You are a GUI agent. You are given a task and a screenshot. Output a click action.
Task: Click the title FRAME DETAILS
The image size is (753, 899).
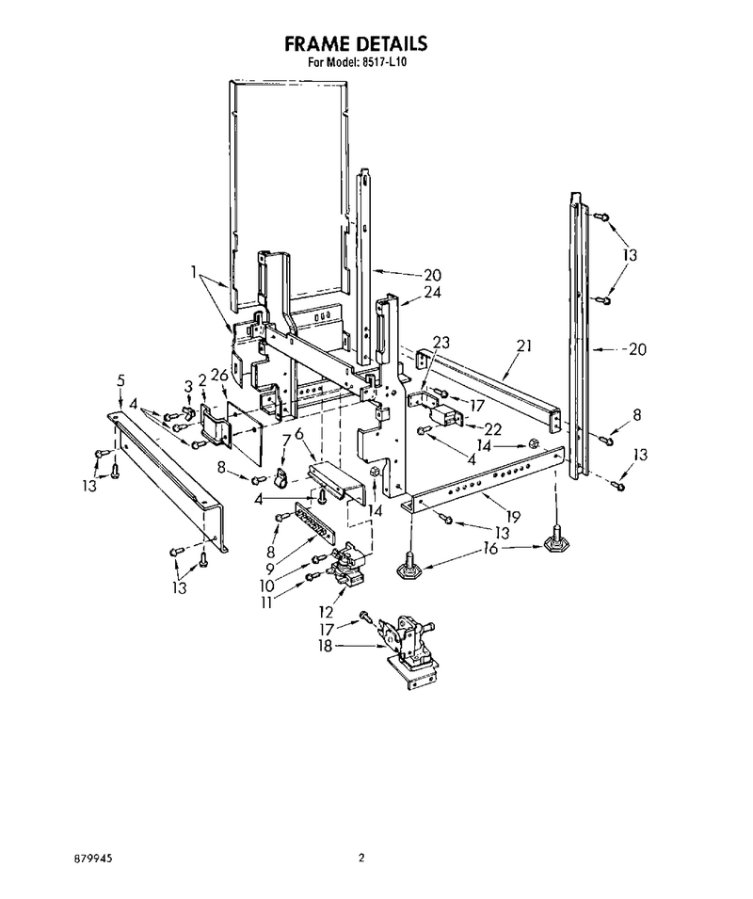point(356,43)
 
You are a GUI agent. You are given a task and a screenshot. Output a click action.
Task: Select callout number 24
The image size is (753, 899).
point(433,292)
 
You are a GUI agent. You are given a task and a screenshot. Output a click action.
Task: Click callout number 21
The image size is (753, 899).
point(523,345)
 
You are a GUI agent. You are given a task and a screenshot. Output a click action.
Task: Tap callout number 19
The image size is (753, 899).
point(513,517)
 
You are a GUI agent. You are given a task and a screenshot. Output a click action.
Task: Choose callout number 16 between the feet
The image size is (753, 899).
point(490,549)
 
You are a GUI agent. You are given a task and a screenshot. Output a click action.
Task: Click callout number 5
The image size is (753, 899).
point(120,379)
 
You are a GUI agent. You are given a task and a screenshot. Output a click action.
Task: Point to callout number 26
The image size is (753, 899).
point(219,376)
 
